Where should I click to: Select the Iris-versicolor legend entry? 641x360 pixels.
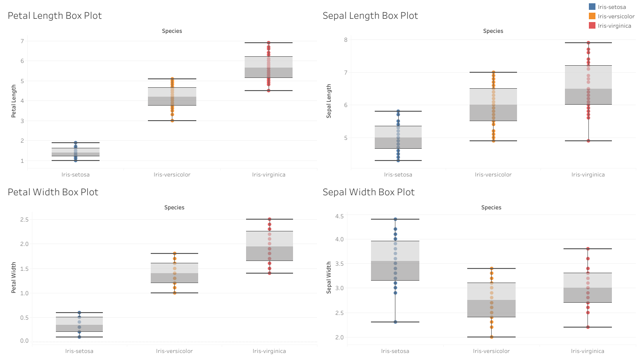pos(616,16)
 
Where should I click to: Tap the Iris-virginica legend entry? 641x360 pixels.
pos(614,26)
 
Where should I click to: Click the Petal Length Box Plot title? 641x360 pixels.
pos(54,15)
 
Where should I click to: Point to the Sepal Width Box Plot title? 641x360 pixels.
pos(369,192)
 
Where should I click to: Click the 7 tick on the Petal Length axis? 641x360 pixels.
pos(22,41)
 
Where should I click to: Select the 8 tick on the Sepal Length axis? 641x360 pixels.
pos(345,39)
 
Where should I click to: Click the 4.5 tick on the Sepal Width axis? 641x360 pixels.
pos(339,216)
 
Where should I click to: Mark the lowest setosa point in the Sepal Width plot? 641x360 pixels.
pos(395,322)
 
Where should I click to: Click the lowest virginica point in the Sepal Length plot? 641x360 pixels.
pos(588,141)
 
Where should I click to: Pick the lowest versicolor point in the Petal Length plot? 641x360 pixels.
pos(172,121)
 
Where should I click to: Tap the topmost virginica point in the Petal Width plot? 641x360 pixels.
pos(270,219)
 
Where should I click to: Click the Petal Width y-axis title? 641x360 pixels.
pos(14,278)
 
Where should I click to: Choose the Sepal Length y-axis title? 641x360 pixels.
pos(329,101)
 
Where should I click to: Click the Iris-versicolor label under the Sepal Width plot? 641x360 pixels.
pos(492,351)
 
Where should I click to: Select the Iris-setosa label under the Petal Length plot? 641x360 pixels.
pos(75,175)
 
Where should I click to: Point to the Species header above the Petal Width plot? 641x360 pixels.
pos(174,207)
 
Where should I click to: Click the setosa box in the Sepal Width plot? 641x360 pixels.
pos(395,260)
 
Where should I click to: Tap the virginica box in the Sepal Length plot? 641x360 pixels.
pos(588,84)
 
